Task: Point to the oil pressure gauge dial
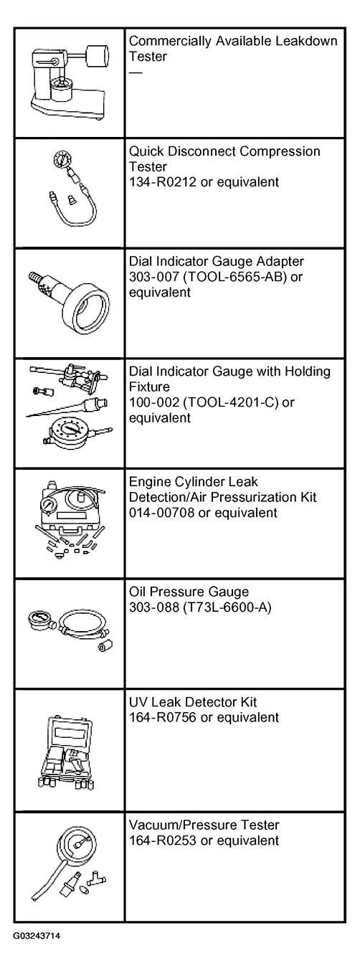(x=41, y=621)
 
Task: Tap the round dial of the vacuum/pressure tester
(x=78, y=845)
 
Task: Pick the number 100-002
(x=154, y=402)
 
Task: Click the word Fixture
(x=149, y=387)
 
